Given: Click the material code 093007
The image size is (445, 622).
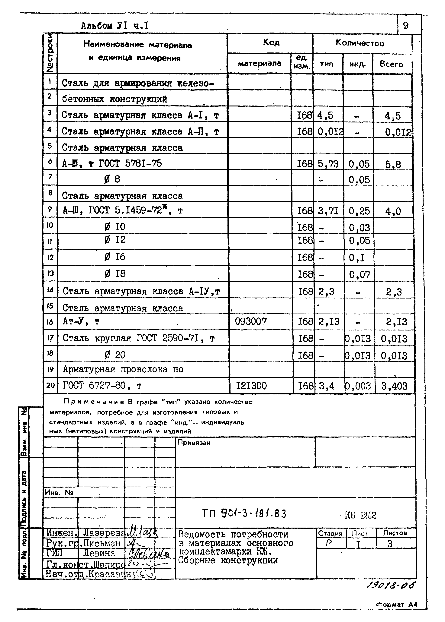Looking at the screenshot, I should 251,321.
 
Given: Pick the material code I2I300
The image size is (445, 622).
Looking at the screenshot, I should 251,386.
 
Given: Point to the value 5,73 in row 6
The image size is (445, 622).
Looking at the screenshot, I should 328,164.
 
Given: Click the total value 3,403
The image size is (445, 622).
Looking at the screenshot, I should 394,386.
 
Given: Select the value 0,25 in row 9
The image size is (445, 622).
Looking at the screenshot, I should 359,211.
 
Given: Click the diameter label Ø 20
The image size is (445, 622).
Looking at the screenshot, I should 115,355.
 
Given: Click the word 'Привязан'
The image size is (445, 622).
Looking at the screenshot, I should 194,443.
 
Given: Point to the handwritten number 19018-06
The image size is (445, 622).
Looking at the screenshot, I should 390,586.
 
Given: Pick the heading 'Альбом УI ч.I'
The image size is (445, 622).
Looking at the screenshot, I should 115,26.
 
